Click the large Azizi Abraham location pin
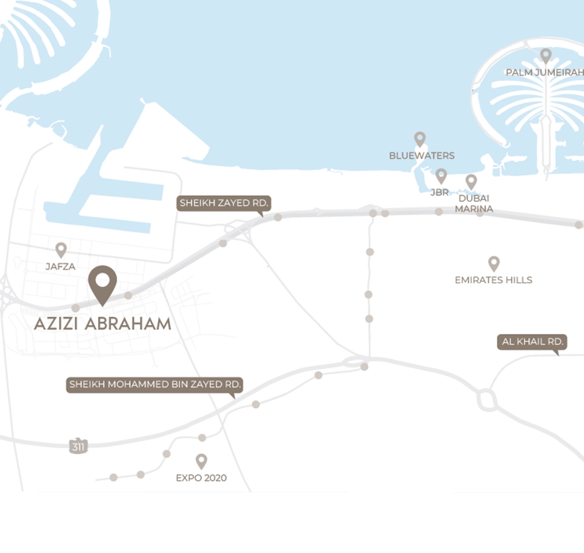(103, 283)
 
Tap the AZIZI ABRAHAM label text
(103, 324)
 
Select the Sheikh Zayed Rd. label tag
(224, 203)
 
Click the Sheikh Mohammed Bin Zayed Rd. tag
(154, 385)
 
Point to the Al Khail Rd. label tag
(532, 342)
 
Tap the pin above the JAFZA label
(61, 249)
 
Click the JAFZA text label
(60, 266)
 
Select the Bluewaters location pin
(420, 139)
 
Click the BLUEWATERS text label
(422, 156)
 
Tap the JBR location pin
(441, 176)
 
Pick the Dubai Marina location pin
(471, 181)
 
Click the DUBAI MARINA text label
(474, 204)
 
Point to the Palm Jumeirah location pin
(546, 55)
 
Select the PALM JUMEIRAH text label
(545, 72)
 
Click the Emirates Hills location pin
(494, 263)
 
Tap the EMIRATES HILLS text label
(493, 280)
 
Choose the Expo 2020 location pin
(201, 461)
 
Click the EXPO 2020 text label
(201, 478)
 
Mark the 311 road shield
(78, 447)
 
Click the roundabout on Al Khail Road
(487, 400)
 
